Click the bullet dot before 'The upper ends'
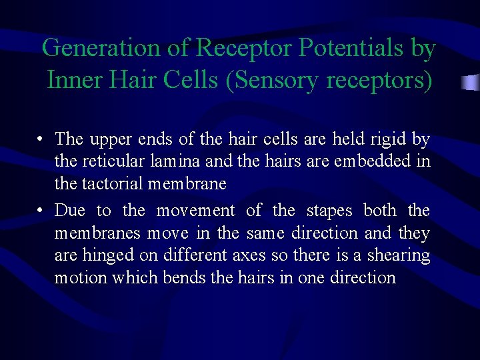point(41,140)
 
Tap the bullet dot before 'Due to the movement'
point(41,211)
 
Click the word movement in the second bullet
point(195,211)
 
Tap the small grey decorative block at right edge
point(471,83)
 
